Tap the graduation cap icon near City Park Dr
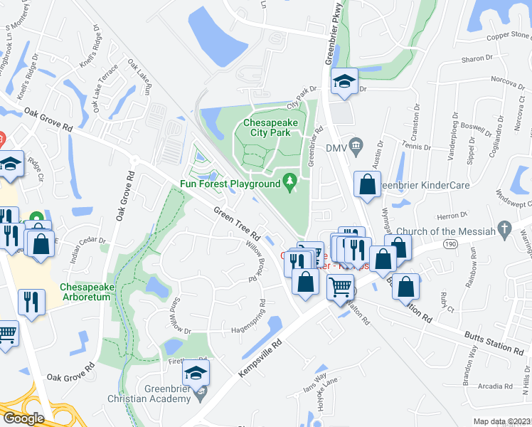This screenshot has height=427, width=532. [x=344, y=83]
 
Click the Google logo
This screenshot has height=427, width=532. [x=23, y=418]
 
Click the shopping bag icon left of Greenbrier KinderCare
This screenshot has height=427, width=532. [x=366, y=185]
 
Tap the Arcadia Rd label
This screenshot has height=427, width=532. [x=501, y=387]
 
